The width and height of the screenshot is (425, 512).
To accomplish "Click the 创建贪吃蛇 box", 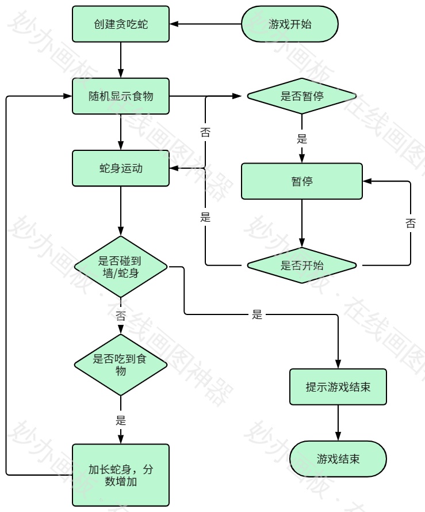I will (x=121, y=24).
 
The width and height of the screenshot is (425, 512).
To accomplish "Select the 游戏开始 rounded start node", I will (x=289, y=24).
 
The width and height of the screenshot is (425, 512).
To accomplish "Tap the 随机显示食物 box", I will (x=121, y=96).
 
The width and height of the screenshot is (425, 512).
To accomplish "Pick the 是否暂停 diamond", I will (x=302, y=96).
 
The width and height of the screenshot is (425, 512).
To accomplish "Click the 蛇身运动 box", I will (x=121, y=168).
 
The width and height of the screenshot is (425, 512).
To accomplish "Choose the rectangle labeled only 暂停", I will (x=302, y=181).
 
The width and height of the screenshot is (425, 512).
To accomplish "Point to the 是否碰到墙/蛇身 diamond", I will (x=121, y=267).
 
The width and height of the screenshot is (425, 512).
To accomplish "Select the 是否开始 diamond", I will (x=302, y=266).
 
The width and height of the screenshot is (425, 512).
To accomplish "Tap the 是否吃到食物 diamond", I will (x=121, y=365).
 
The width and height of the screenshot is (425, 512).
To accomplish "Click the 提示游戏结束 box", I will (x=338, y=386).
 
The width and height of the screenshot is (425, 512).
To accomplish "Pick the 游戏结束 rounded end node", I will (x=338, y=459).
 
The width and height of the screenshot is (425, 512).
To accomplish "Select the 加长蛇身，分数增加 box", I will (x=121, y=475).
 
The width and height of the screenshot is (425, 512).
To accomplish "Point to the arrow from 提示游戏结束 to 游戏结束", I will (x=338, y=423).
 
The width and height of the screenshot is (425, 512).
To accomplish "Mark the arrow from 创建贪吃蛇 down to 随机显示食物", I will (x=121, y=60).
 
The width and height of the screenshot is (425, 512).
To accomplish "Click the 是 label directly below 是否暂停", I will (x=302, y=139).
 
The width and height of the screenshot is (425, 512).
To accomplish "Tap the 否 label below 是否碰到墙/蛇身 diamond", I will (x=121, y=316).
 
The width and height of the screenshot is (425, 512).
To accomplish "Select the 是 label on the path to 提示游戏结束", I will (x=257, y=314).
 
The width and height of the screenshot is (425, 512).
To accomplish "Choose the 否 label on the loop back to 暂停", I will (x=410, y=223).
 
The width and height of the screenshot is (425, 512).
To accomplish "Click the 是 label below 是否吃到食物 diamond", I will (x=121, y=420).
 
